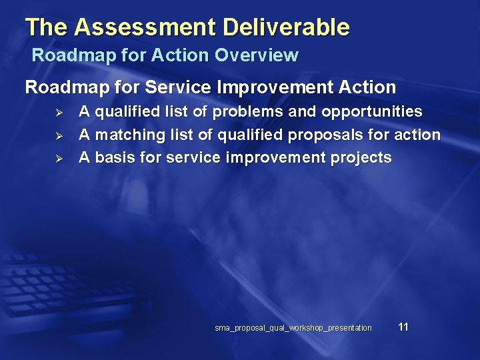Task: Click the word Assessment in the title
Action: pyautogui.click(x=146, y=27)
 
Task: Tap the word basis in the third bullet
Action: pyautogui.click(x=115, y=158)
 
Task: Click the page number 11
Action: pyautogui.click(x=403, y=327)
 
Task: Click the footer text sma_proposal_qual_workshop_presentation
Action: pyautogui.click(x=293, y=328)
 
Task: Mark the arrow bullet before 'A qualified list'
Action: pyautogui.click(x=58, y=113)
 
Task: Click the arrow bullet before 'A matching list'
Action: pyautogui.click(x=58, y=136)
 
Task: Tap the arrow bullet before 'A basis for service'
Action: pyautogui.click(x=58, y=159)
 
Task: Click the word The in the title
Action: pyautogui.click(x=47, y=27)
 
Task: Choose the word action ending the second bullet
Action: pyautogui.click(x=418, y=135)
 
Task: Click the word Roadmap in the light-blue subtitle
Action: pyautogui.click(x=69, y=55)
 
